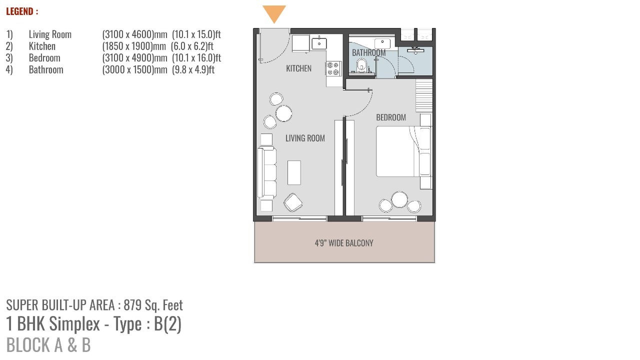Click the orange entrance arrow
274,13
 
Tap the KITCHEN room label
298,68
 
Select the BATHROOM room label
368,53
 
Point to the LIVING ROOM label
305,138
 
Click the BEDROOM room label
391,117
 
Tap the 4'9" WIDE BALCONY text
344,243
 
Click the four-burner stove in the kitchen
333,68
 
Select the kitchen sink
319,43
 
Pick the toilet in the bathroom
361,65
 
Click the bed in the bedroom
403,151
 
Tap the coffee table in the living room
294,172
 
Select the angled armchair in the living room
293,202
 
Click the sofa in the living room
267,172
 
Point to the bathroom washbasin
382,43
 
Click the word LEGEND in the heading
19,11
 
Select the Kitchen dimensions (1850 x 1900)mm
134,46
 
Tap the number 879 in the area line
133,305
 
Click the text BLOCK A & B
48,345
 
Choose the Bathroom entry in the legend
46,69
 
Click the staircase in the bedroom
423,95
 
